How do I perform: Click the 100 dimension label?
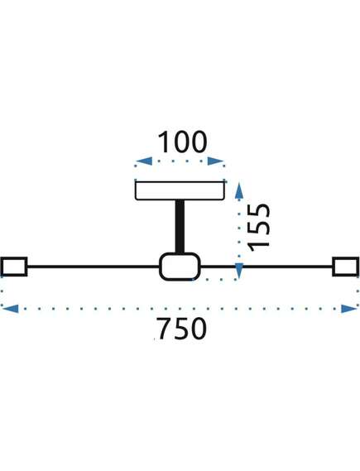click(x=182, y=142)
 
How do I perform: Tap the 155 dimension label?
click(x=259, y=228)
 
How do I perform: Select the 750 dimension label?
click(x=181, y=329)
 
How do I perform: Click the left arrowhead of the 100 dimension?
click(x=144, y=161)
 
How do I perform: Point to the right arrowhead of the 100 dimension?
click(x=215, y=161)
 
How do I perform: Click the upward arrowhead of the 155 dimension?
click(x=239, y=191)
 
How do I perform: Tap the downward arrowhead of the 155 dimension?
click(x=239, y=271)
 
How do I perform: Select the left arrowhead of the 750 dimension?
click(x=10, y=309)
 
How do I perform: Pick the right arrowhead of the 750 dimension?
click(x=350, y=309)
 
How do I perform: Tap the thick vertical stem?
click(x=180, y=227)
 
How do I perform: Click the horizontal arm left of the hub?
click(x=94, y=267)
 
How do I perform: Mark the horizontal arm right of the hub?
click(x=266, y=267)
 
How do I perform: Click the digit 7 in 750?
click(x=164, y=329)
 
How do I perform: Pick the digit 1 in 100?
click(x=164, y=142)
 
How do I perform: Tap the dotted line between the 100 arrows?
click(x=180, y=161)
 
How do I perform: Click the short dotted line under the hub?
click(x=214, y=280)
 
